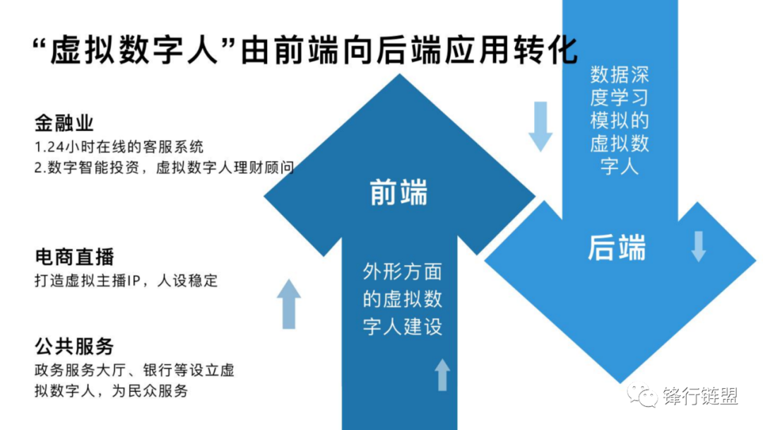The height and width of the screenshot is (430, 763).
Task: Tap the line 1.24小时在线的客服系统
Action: pos(119,147)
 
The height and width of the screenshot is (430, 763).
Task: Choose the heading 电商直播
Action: pos(74,256)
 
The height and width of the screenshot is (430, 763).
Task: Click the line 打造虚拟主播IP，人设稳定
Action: pos(126,280)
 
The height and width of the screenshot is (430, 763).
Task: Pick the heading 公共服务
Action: pos(74,347)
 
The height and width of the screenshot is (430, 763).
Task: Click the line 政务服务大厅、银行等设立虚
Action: pos(134,370)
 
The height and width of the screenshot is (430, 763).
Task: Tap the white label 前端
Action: pos(399,193)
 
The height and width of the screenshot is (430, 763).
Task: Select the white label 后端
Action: pos(617,248)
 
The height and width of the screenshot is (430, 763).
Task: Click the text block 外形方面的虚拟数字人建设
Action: pos(403,300)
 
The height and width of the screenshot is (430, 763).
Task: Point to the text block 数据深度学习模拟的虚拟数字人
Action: pos(620,121)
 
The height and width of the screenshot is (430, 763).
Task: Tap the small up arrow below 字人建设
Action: pos(442,375)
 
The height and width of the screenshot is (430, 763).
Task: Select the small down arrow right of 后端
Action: pos(698,246)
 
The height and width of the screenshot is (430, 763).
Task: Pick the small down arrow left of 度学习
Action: pos(540,126)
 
